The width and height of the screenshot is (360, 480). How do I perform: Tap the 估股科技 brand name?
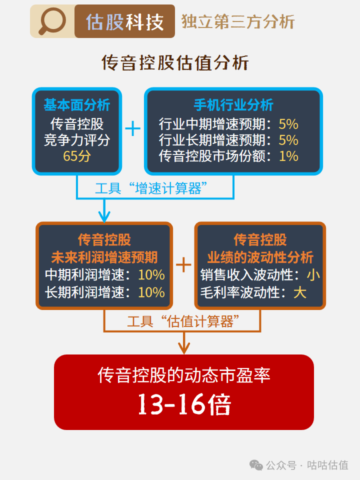124,22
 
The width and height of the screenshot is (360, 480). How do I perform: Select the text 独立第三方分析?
237,22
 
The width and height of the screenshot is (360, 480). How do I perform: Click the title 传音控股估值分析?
175,63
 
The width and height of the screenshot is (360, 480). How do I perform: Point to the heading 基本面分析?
76,105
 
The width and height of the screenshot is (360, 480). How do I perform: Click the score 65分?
76,156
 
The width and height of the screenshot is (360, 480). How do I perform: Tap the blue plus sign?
132,129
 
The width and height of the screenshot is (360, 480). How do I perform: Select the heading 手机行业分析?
233,105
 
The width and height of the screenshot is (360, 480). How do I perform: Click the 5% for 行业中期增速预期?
288,123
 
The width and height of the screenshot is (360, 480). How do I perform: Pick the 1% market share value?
288,156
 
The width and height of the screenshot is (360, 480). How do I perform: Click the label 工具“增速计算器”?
151,188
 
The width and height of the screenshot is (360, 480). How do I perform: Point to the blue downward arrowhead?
104,216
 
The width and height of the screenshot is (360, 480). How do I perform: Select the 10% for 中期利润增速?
151,274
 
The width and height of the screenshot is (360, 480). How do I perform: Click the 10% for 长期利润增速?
151,292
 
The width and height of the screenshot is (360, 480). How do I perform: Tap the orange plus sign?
183,265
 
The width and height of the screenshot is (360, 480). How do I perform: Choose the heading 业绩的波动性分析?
260,257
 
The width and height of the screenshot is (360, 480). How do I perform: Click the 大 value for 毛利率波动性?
300,292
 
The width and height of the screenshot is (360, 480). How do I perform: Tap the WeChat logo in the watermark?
256,465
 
